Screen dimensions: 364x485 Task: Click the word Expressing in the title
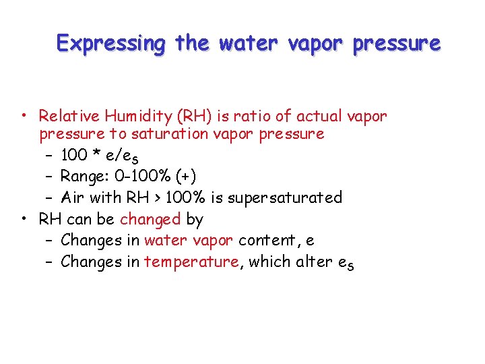coord(111,43)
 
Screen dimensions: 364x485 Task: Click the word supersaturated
coord(286,198)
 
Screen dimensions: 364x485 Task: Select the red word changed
coord(150,219)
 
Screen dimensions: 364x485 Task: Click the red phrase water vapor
coord(189,240)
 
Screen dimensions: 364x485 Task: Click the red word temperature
coord(191,262)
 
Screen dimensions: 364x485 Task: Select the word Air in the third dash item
coord(71,198)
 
